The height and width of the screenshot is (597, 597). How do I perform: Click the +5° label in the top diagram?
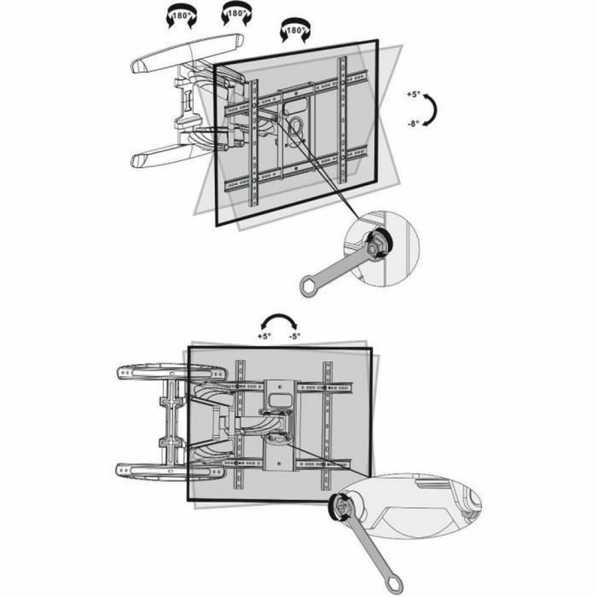(x=413, y=96)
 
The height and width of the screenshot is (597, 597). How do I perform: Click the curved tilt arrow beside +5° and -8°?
(x=432, y=111)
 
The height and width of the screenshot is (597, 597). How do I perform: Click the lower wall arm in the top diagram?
(x=168, y=155)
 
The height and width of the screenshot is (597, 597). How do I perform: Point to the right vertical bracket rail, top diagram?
(x=343, y=119)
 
